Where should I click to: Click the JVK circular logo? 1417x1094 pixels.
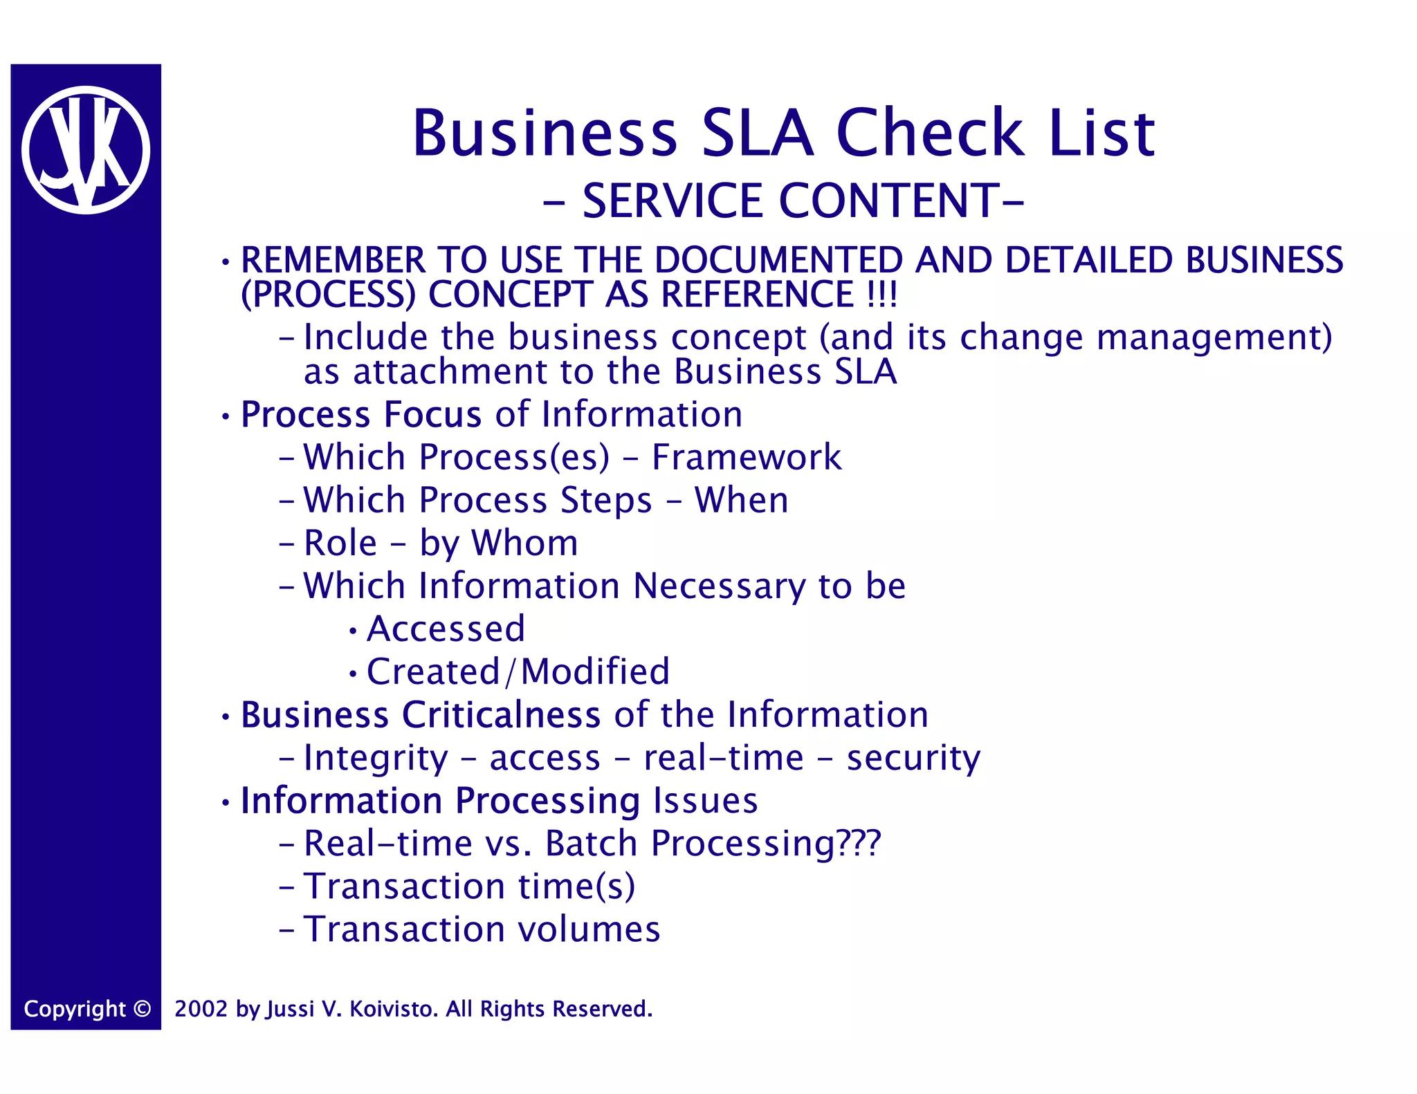tap(86, 150)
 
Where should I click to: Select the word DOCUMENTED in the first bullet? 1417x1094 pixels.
tap(778, 261)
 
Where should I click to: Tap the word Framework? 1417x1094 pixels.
tap(747, 458)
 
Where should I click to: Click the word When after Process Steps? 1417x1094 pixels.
tap(741, 501)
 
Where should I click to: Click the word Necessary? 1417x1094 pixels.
tap(720, 586)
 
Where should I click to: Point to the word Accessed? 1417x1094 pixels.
tap(446, 629)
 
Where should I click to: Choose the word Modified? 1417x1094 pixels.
tap(595, 672)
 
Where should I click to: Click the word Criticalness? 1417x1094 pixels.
tap(502, 715)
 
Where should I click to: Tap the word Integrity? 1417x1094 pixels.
tap(376, 759)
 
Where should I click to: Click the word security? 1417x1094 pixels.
tap(913, 759)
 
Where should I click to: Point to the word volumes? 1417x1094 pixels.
tap(589, 929)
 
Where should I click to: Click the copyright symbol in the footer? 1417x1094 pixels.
tap(142, 1009)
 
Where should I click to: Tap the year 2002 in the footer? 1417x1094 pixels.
tap(201, 1009)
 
